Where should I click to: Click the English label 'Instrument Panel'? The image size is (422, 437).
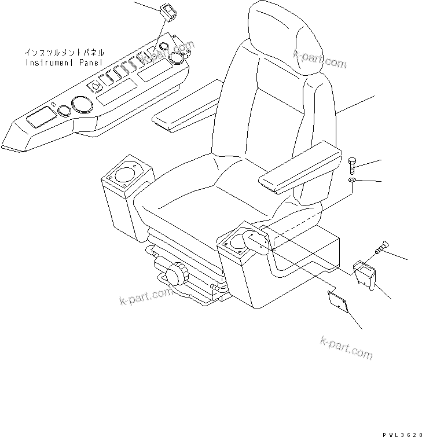64,61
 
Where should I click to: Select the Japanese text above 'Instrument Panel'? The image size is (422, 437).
64,52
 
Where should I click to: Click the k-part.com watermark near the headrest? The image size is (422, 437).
320,58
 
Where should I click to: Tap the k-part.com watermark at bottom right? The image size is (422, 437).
346,347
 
